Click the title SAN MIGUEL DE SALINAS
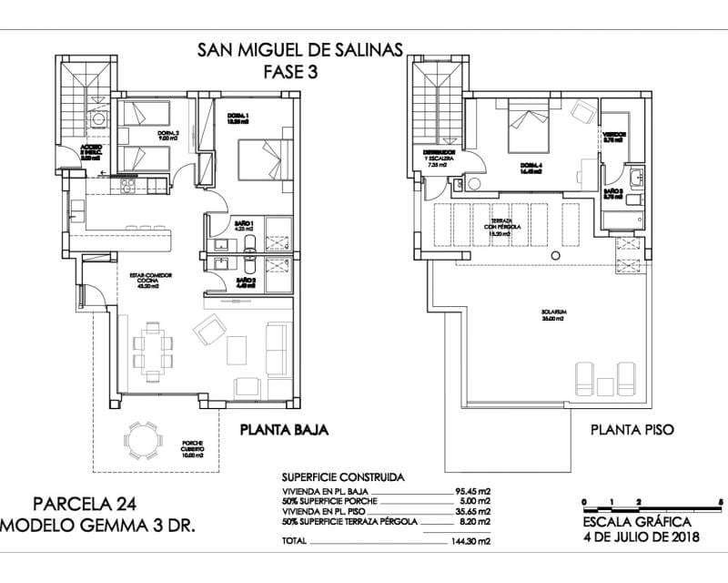pos(299,50)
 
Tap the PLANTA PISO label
pos(632,429)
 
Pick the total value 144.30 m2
pos(474,541)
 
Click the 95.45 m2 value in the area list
pos(474,490)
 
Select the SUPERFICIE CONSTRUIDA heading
pos(343,476)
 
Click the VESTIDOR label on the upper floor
pos(614,137)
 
